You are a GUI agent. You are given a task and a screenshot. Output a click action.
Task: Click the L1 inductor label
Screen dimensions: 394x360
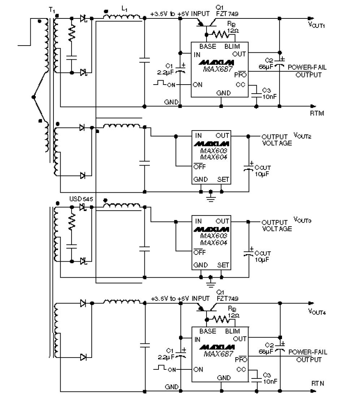[123, 9]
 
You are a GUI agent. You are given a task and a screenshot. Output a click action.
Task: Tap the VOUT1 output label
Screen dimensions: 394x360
[317, 25]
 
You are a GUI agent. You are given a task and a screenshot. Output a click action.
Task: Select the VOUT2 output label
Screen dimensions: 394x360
[303, 136]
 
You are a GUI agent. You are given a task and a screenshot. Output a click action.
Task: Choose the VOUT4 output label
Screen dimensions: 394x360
[317, 312]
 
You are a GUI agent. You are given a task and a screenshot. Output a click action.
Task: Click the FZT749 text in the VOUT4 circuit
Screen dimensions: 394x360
[228, 299]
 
